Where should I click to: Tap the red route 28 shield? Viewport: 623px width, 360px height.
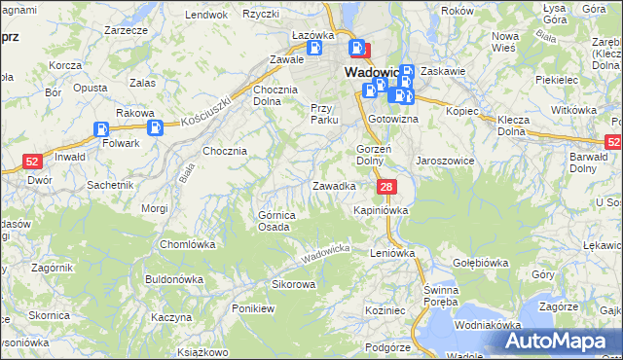pyautogui.click(x=387, y=187)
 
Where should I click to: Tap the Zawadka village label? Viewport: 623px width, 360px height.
pyautogui.click(x=333, y=185)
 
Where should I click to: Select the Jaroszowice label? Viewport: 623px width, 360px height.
pyautogui.click(x=445, y=160)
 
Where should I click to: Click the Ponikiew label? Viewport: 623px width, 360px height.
pyautogui.click(x=254, y=307)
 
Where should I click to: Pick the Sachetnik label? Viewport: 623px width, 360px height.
pyautogui.click(x=110, y=184)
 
